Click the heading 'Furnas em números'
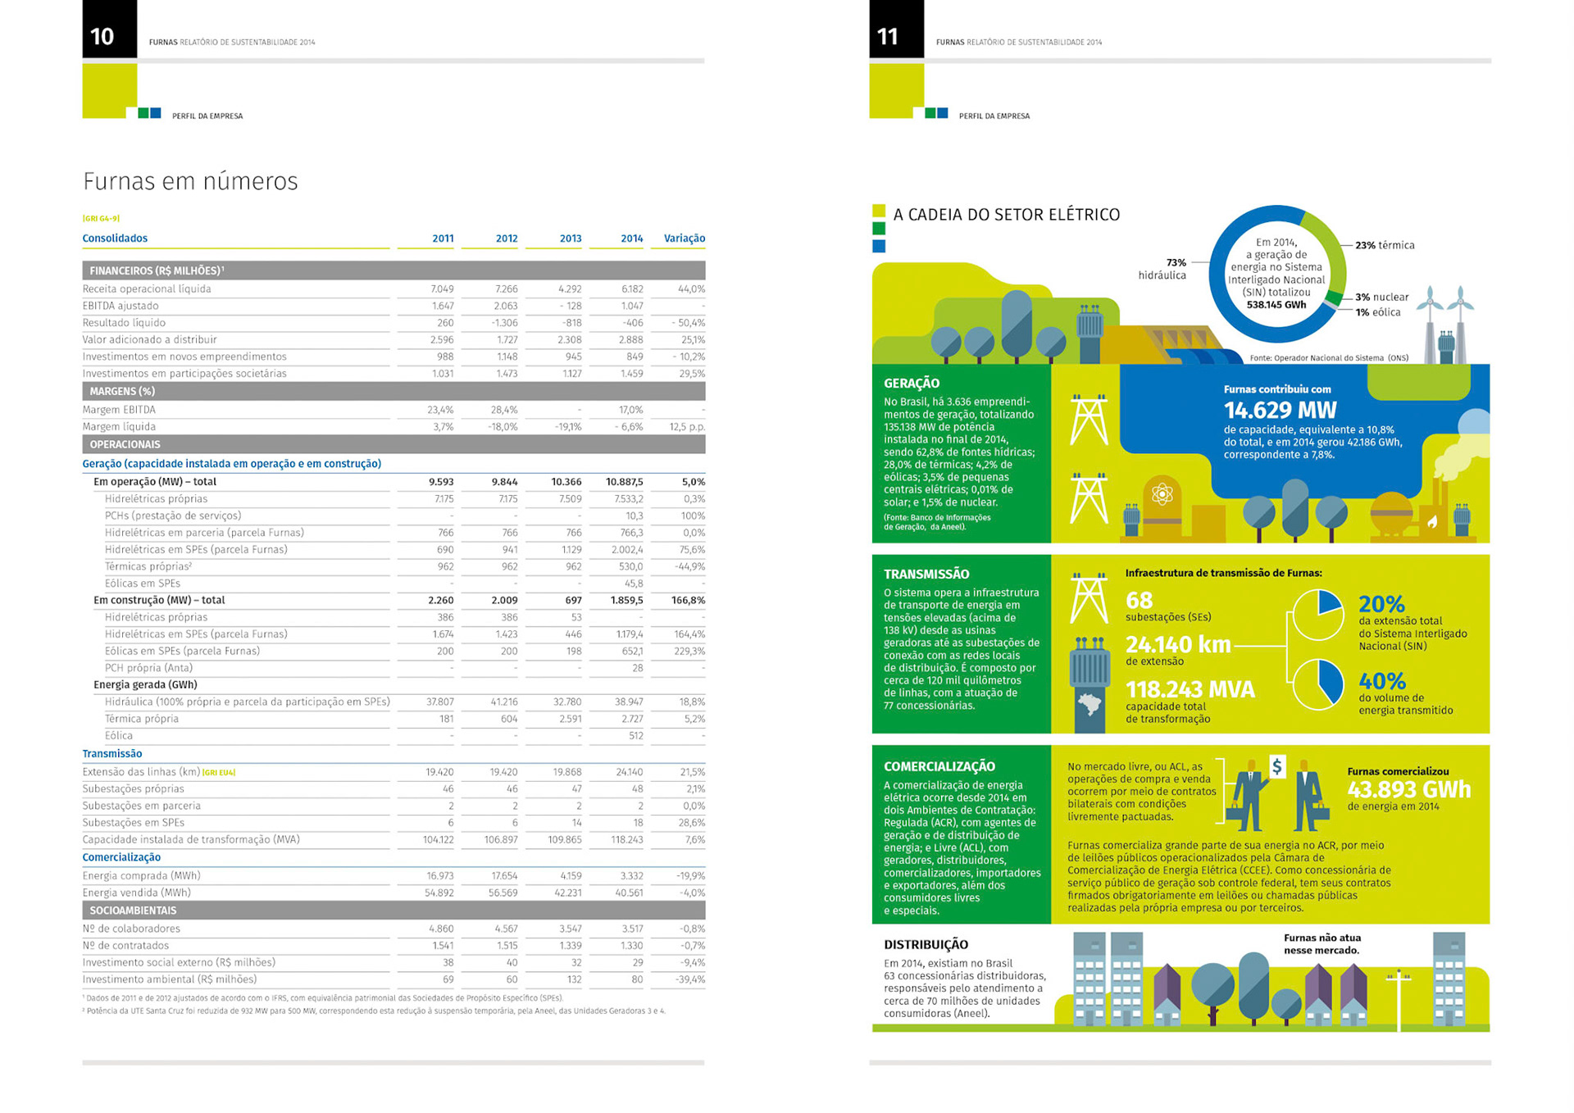pyautogui.click(x=190, y=181)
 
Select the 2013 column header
pyautogui.click(x=570, y=238)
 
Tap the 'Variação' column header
pyautogui.click(x=684, y=238)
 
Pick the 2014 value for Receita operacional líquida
pyautogui.click(x=631, y=289)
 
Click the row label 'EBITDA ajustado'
pyautogui.click(x=121, y=306)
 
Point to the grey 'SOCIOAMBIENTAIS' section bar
pyautogui.click(x=393, y=911)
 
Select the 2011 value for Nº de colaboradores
pyautogui.click(x=441, y=929)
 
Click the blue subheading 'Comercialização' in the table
pyautogui.click(x=121, y=857)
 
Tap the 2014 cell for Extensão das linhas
pyautogui.click(x=629, y=772)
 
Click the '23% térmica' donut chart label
pyautogui.click(x=1384, y=245)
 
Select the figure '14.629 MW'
pyautogui.click(x=1280, y=410)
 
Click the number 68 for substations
pyautogui.click(x=1139, y=600)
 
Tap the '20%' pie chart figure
pyautogui.click(x=1381, y=604)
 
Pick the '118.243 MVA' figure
pyautogui.click(x=1190, y=689)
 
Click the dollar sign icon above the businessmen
pyautogui.click(x=1276, y=766)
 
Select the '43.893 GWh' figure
pyautogui.click(x=1408, y=789)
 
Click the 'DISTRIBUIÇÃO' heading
pyautogui.click(x=926, y=944)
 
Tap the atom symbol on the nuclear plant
pyautogui.click(x=1162, y=494)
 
